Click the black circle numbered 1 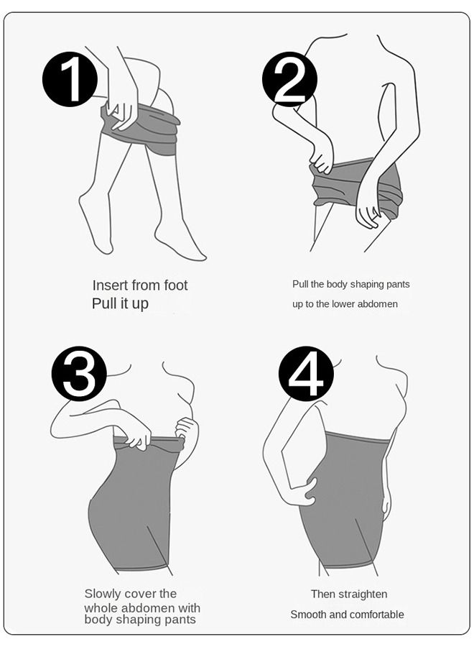[x=70, y=79]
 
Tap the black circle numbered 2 [x=289, y=79]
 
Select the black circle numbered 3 [x=79, y=373]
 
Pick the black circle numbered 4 [x=306, y=373]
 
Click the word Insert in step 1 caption [x=110, y=285]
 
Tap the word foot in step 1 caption [x=175, y=285]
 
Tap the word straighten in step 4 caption [x=362, y=595]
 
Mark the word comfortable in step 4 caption [x=377, y=615]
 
